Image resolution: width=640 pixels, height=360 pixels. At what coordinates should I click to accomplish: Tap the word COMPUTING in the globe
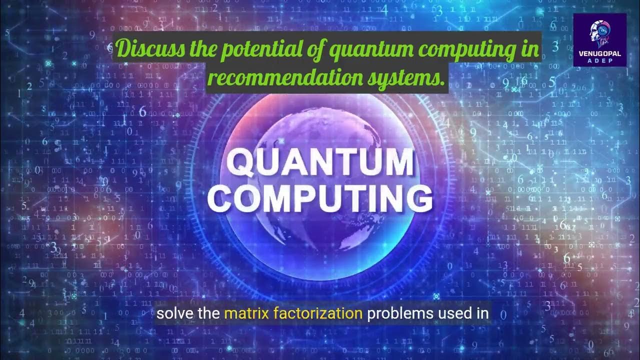[320, 198]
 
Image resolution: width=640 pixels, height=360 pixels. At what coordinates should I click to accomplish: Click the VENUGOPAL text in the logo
[599, 53]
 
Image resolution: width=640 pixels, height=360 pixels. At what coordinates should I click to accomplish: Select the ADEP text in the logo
[599, 60]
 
